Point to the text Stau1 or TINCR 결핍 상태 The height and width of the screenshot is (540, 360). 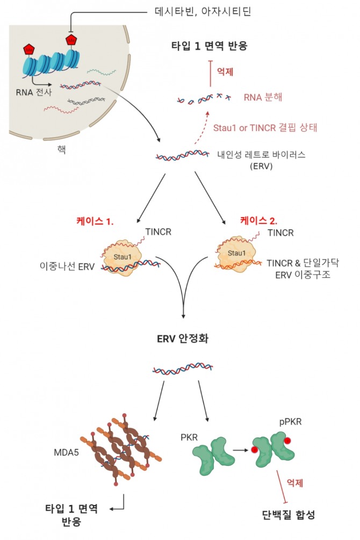pos(266,128)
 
